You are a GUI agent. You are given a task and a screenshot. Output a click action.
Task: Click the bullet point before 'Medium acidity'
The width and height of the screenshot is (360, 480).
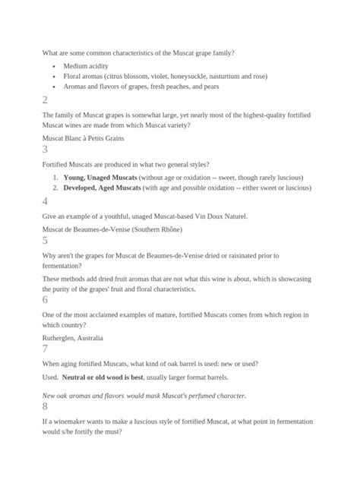click(54, 66)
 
